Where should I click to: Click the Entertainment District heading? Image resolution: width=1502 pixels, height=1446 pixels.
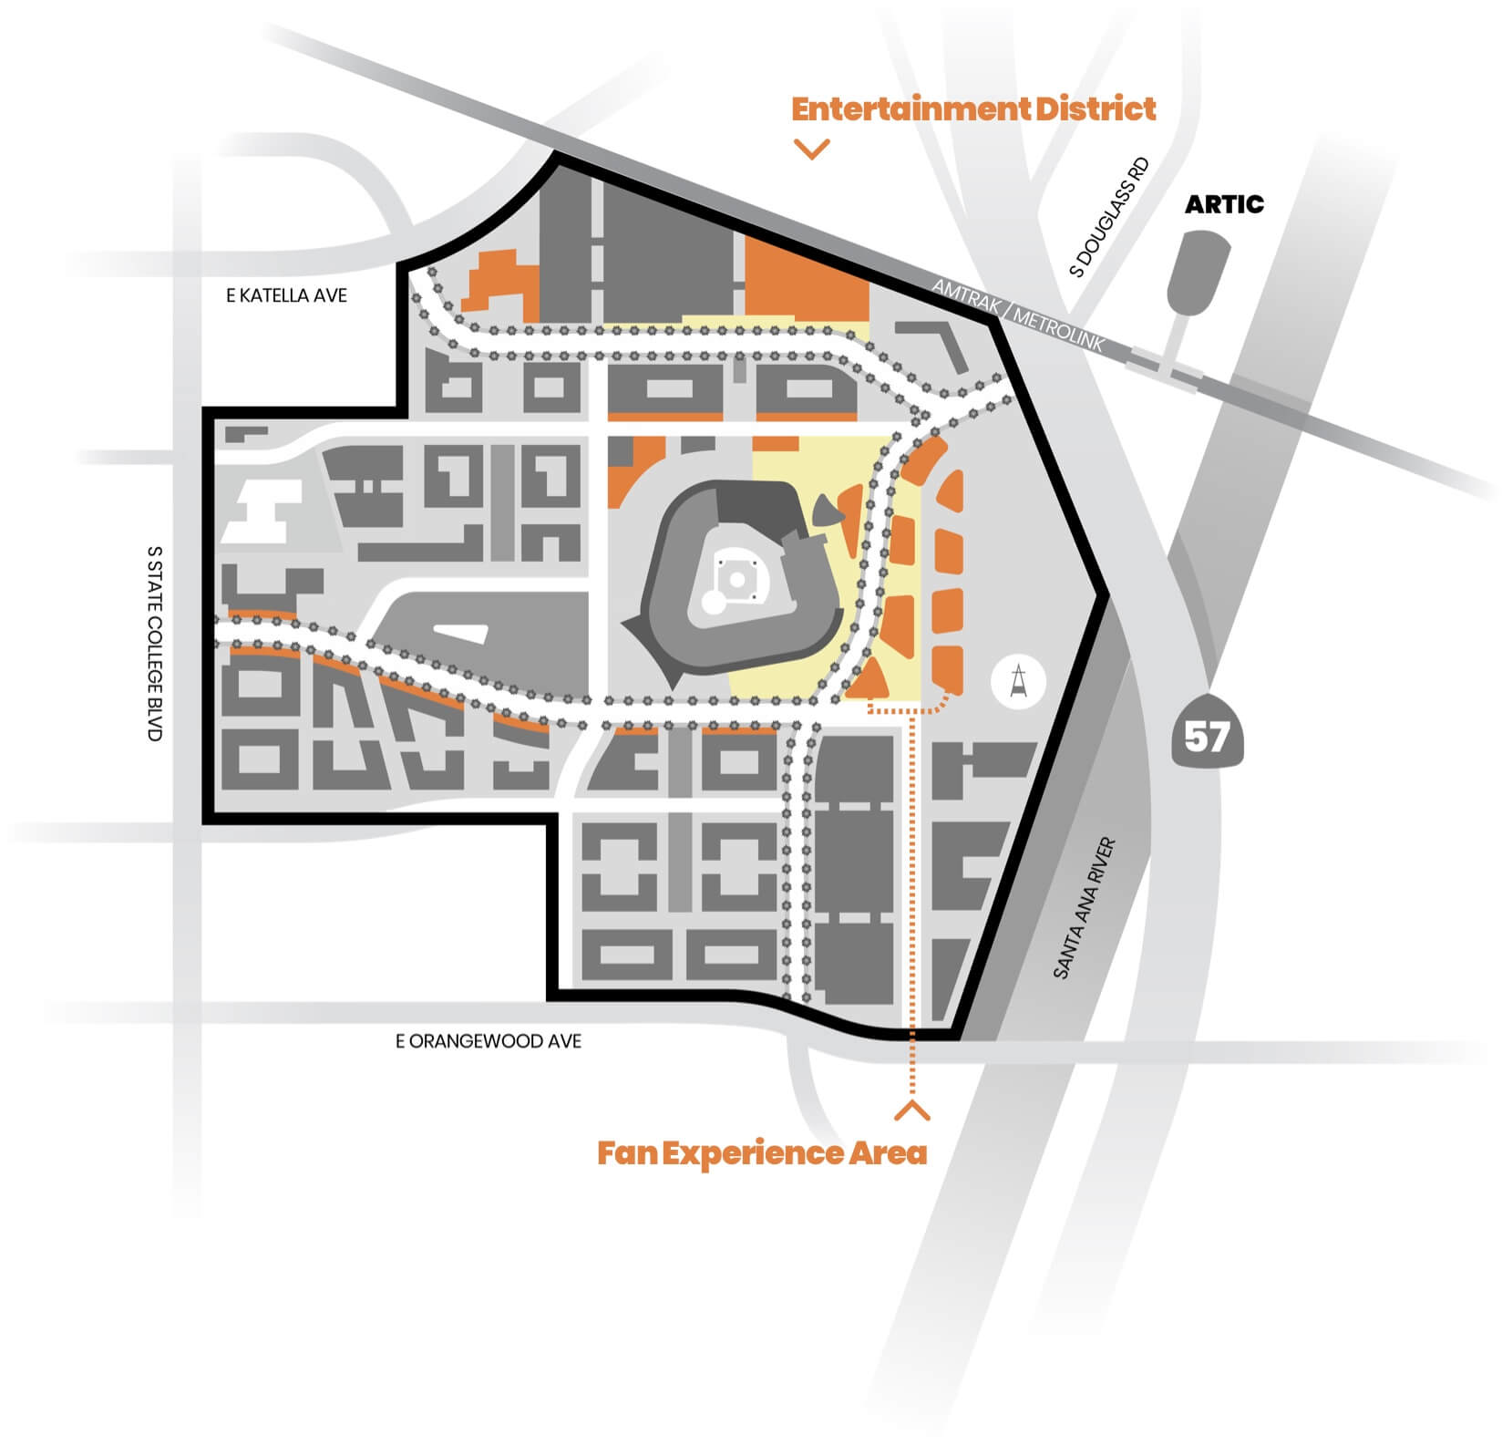tap(972, 109)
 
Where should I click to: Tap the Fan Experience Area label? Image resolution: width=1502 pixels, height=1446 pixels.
tap(762, 1153)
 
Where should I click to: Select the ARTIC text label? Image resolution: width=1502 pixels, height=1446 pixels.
tap(1223, 204)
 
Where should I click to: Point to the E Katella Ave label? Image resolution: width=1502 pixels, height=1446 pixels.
tap(286, 295)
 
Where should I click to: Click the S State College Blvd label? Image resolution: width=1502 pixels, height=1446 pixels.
tap(154, 643)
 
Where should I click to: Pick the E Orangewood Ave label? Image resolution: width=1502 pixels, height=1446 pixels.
tap(488, 1041)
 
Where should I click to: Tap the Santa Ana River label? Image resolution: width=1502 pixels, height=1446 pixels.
tap(1084, 909)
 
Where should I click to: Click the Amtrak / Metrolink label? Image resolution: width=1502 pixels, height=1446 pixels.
tap(1017, 315)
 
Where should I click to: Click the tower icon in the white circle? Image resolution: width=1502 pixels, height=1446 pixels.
tap(1018, 683)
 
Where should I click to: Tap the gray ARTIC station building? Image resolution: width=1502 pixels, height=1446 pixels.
tap(1197, 270)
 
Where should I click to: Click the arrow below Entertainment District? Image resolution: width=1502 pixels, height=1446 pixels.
tap(811, 150)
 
